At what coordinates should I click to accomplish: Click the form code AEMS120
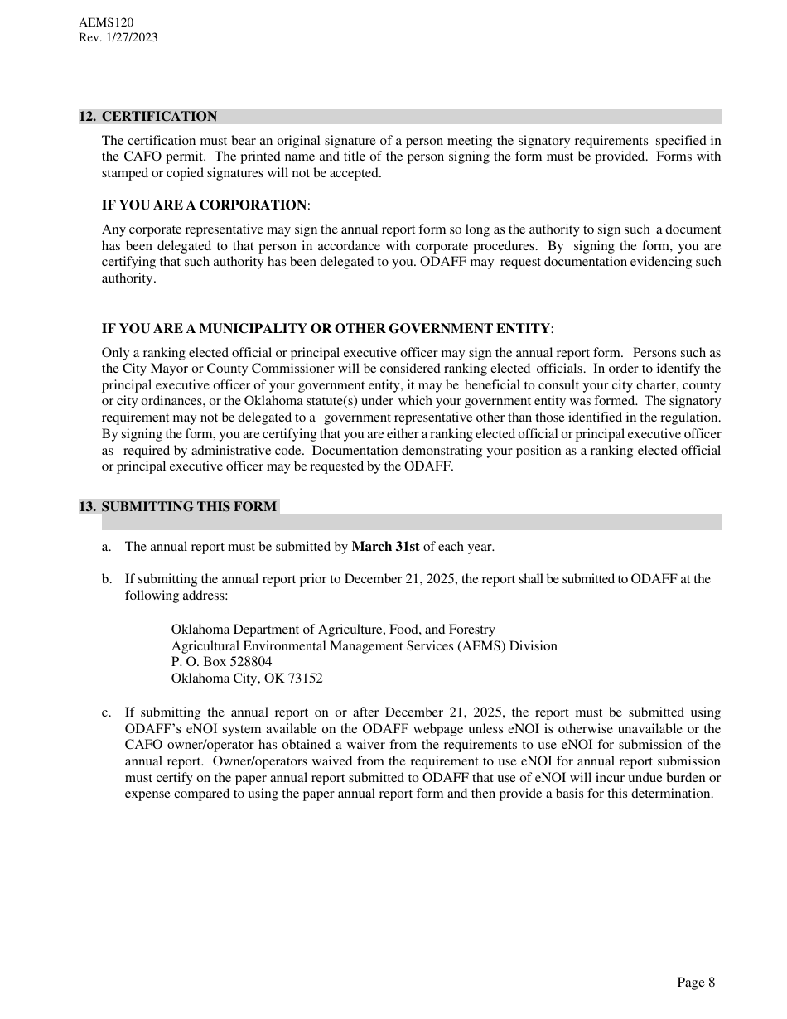coord(106,22)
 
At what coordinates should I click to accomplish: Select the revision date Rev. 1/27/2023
coord(118,37)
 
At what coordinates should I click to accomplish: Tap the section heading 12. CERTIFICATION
coord(148,117)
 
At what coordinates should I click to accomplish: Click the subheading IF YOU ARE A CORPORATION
coord(204,205)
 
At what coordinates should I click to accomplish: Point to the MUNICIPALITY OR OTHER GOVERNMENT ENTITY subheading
coord(374,329)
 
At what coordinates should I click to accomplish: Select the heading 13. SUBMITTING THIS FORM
coord(178,506)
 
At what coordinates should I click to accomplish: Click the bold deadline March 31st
coord(385,547)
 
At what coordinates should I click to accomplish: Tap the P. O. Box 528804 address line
coord(221,662)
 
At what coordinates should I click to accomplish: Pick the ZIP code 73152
coord(305,679)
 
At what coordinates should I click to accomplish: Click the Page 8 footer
coord(695,983)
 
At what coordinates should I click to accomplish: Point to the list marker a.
coord(106,547)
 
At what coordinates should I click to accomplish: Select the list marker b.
coord(106,579)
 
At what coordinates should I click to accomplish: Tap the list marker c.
coord(106,712)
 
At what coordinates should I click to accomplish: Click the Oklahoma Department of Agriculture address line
coord(333,630)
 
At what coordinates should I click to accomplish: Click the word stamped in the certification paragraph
coord(126,173)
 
